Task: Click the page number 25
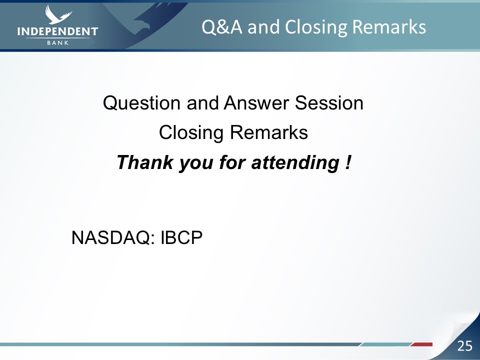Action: tap(464, 346)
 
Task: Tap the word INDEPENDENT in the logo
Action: tap(57, 31)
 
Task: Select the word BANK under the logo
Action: tap(58, 43)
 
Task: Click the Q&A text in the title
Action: tap(222, 27)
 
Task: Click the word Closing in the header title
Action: tap(316, 27)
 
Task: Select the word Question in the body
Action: tap(141, 103)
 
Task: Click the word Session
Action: tap(329, 103)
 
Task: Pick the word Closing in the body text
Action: tap(191, 133)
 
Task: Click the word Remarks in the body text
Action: tap(269, 132)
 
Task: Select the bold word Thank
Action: tap(145, 162)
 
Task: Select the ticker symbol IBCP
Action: tap(181, 237)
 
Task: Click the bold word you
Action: tap(196, 163)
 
